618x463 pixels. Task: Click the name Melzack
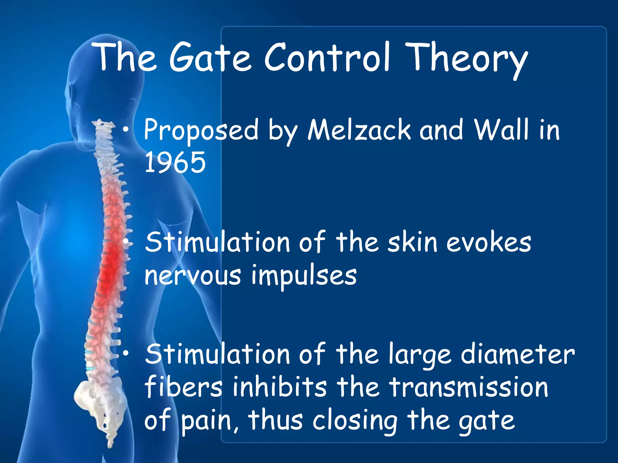pyautogui.click(x=359, y=130)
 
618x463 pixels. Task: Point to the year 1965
pyautogui.click(x=175, y=163)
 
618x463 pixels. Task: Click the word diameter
pyautogui.click(x=518, y=355)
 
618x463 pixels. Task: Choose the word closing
pyautogui.click(x=355, y=421)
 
